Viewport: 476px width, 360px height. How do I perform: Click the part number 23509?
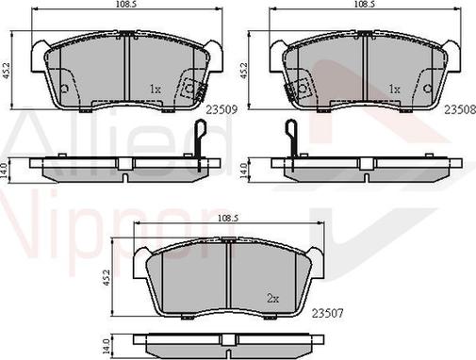point(222,109)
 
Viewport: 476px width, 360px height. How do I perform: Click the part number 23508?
point(460,109)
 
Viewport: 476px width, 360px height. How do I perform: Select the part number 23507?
point(328,313)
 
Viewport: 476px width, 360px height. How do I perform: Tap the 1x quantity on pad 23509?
point(155,90)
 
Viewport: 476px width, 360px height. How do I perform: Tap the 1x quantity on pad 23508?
point(394,90)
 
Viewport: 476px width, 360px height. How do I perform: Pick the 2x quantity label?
point(273,298)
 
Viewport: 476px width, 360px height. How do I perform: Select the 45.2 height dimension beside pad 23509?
point(7,72)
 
